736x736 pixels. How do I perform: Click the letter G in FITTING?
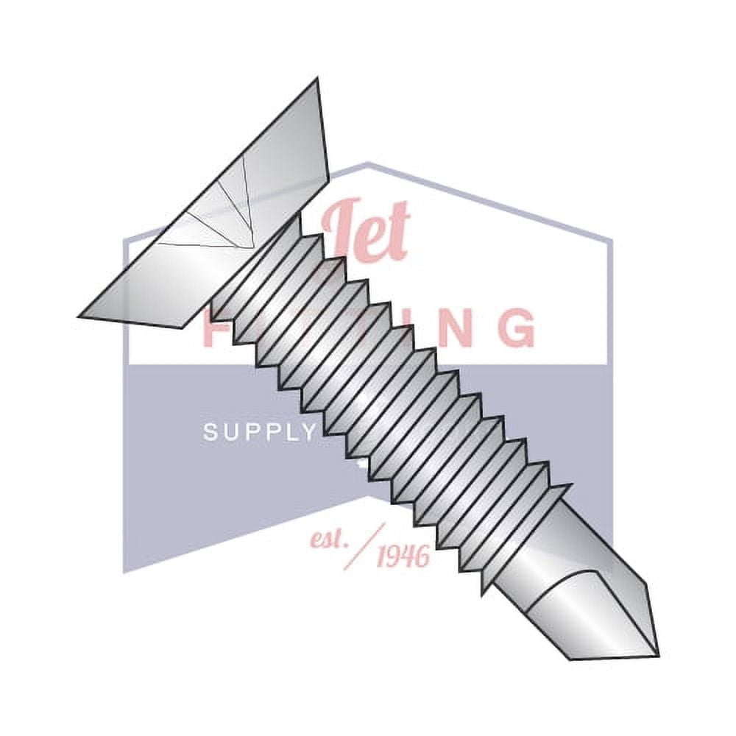tap(514, 328)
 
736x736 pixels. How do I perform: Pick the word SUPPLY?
tap(258, 432)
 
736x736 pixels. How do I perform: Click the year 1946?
tap(403, 556)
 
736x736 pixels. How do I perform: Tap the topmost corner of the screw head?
tap(317, 79)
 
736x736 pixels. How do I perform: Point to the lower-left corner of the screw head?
tap(79, 316)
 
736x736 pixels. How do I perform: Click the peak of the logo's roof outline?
tap(368, 163)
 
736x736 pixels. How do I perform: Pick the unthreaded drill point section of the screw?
tap(574, 589)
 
